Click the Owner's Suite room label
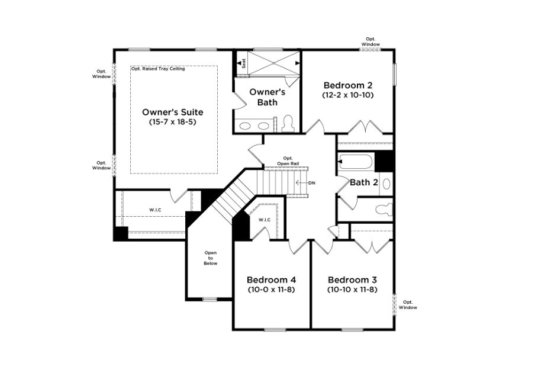tap(173, 112)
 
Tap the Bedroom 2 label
tap(348, 85)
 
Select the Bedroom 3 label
tap(353, 280)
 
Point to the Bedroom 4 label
tap(271, 280)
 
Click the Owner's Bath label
tap(268, 97)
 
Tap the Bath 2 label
tap(364, 182)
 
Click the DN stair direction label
tap(312, 183)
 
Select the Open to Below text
tap(211, 258)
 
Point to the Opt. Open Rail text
tap(288, 161)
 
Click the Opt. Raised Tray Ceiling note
tap(158, 69)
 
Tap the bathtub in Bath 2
tap(355, 162)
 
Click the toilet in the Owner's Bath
tap(288, 123)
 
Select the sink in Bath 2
tap(386, 184)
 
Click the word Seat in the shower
tap(244, 63)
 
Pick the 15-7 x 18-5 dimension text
tap(173, 122)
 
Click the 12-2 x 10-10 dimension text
tap(348, 95)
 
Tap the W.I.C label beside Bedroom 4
tap(265, 220)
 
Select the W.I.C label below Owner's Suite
tap(155, 210)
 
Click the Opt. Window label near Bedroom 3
tap(408, 305)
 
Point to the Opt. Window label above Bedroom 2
tap(370, 42)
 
